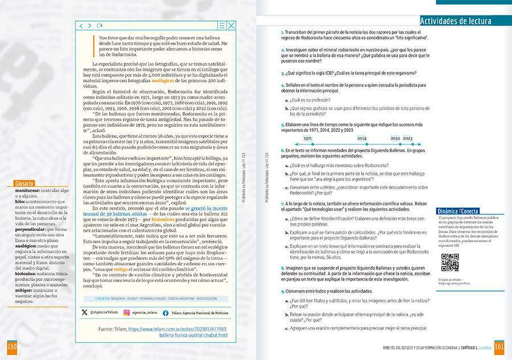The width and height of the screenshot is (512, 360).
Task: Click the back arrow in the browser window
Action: (81, 26)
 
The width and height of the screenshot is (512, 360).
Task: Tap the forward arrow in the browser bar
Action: (90, 26)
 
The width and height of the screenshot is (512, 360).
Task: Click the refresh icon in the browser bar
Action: (100, 26)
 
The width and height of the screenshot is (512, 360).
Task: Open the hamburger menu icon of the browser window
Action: (222, 26)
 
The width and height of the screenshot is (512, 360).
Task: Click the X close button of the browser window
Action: (231, 26)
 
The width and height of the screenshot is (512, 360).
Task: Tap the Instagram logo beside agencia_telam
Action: (126, 312)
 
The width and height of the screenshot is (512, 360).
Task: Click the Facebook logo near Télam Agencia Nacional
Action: (166, 312)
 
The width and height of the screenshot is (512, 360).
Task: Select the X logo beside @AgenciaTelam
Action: (85, 312)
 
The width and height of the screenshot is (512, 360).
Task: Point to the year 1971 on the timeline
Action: (308, 138)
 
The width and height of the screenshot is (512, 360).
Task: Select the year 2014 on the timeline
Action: (362, 138)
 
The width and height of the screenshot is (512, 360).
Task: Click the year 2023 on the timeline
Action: (408, 138)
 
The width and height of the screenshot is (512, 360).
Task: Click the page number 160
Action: (11, 347)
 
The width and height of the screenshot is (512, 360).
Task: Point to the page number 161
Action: (500, 347)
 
